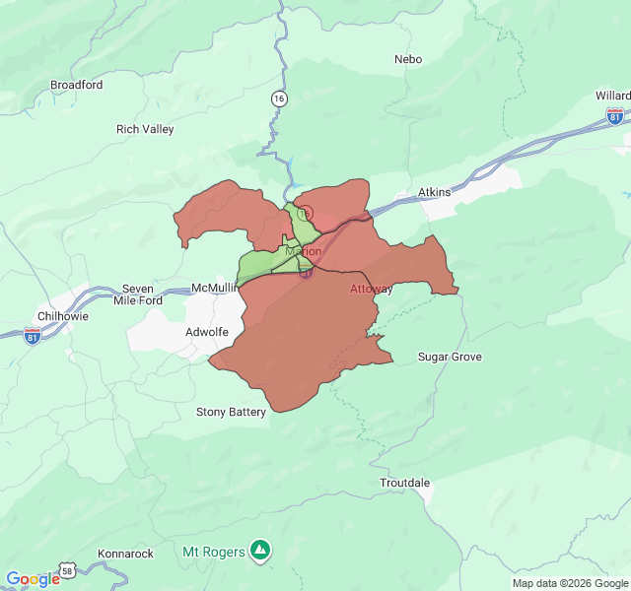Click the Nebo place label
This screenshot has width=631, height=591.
point(407,59)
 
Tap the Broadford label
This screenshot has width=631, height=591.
point(76,85)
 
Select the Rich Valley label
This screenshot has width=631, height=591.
point(145,129)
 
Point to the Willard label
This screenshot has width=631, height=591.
point(611,96)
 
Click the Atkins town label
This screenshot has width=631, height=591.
point(433,192)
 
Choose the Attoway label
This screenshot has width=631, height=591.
point(372,290)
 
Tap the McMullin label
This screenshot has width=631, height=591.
point(212,288)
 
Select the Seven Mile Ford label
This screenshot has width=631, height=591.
point(137,295)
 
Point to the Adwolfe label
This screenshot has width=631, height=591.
point(207,332)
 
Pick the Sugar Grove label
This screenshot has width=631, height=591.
point(450,357)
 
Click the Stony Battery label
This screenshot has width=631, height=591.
point(231,412)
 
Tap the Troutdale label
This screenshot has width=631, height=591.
point(405,483)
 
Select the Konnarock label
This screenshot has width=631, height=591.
point(126,554)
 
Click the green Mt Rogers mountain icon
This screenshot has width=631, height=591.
point(259,549)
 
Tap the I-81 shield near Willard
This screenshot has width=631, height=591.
point(615,116)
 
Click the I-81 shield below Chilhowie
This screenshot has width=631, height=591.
point(33,335)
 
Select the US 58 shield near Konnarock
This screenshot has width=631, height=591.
point(67,571)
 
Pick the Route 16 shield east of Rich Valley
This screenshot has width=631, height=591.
point(280,98)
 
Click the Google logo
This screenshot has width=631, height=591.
point(33,579)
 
